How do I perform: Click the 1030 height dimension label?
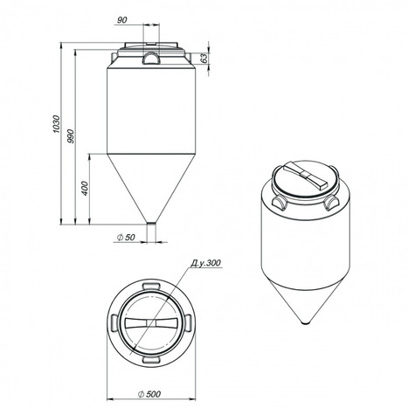tap(56, 124)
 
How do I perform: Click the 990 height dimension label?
tap(71, 135)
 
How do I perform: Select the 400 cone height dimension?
tap(85, 188)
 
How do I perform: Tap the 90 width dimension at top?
tap(122, 20)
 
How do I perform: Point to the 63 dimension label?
tap(204, 58)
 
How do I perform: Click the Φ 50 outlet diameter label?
tap(126, 238)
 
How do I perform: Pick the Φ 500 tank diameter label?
tap(149, 394)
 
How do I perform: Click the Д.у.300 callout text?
tap(206, 263)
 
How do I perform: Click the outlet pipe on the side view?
tap(151, 232)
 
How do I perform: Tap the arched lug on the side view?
tap(151, 58)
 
